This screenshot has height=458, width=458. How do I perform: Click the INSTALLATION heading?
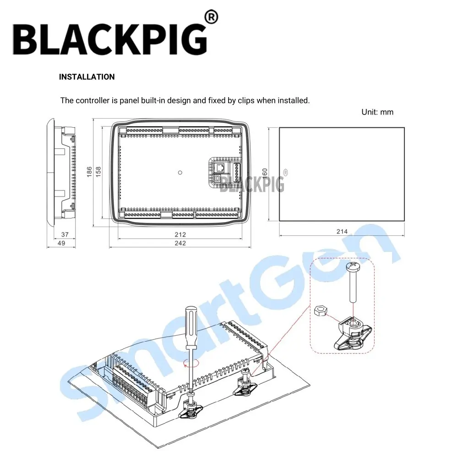tap(87, 77)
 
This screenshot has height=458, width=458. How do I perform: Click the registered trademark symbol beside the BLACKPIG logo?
tap(211, 18)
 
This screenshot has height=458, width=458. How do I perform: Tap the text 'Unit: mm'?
tap(377, 112)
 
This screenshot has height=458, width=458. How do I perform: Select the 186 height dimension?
tap(90, 172)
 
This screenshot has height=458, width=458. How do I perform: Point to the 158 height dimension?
tap(98, 172)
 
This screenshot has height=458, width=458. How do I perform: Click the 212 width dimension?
tap(180, 234)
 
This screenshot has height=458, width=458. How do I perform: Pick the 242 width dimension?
tap(180, 243)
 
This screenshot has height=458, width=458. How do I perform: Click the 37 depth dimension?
tap(65, 234)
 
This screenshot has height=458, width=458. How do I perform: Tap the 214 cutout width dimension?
tap(342, 232)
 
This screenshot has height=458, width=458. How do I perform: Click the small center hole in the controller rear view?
tap(180, 173)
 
